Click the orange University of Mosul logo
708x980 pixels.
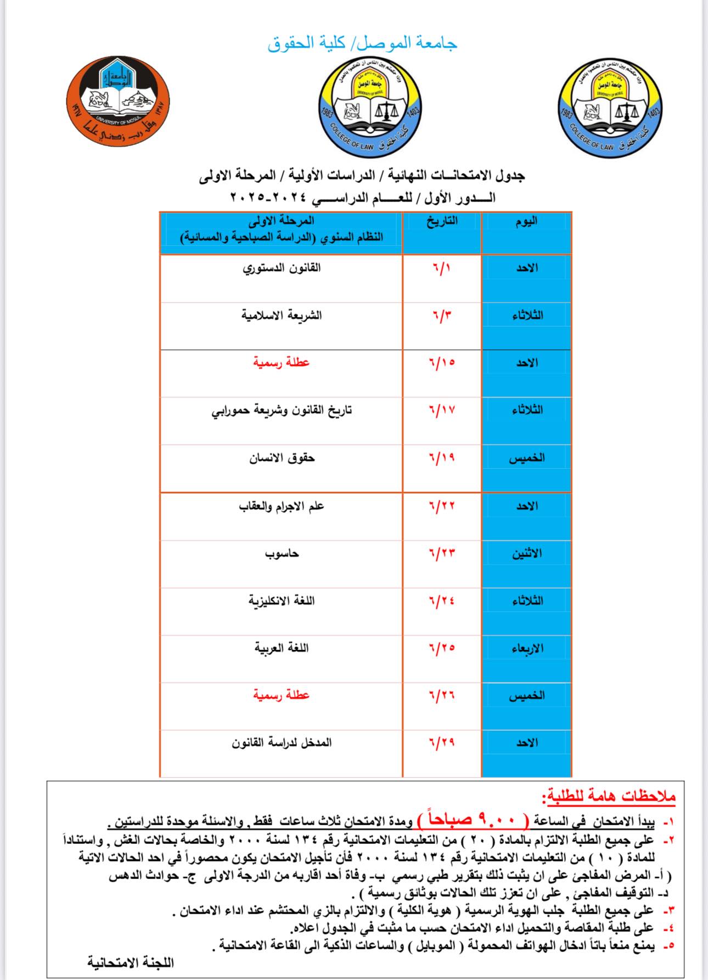[x=117, y=101]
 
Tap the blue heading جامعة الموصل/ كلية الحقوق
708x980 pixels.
[x=362, y=43]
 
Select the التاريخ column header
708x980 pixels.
[x=442, y=221]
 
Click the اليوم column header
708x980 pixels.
[x=526, y=221]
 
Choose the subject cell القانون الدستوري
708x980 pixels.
[x=282, y=268]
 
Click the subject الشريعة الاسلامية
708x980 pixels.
[x=282, y=316]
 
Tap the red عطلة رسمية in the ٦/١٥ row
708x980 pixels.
[x=282, y=363]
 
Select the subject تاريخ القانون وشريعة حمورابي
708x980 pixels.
[x=282, y=410]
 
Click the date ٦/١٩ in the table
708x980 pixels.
[x=442, y=458]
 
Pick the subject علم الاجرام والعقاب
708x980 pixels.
[x=282, y=506]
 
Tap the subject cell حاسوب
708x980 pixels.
[x=282, y=553]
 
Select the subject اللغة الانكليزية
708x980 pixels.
[x=282, y=601]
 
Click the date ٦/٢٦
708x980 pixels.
[x=442, y=696]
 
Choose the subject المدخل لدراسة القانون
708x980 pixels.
[x=282, y=743]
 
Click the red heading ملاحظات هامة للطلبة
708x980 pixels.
[x=608, y=797]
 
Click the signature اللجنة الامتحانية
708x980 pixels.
[x=131, y=962]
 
